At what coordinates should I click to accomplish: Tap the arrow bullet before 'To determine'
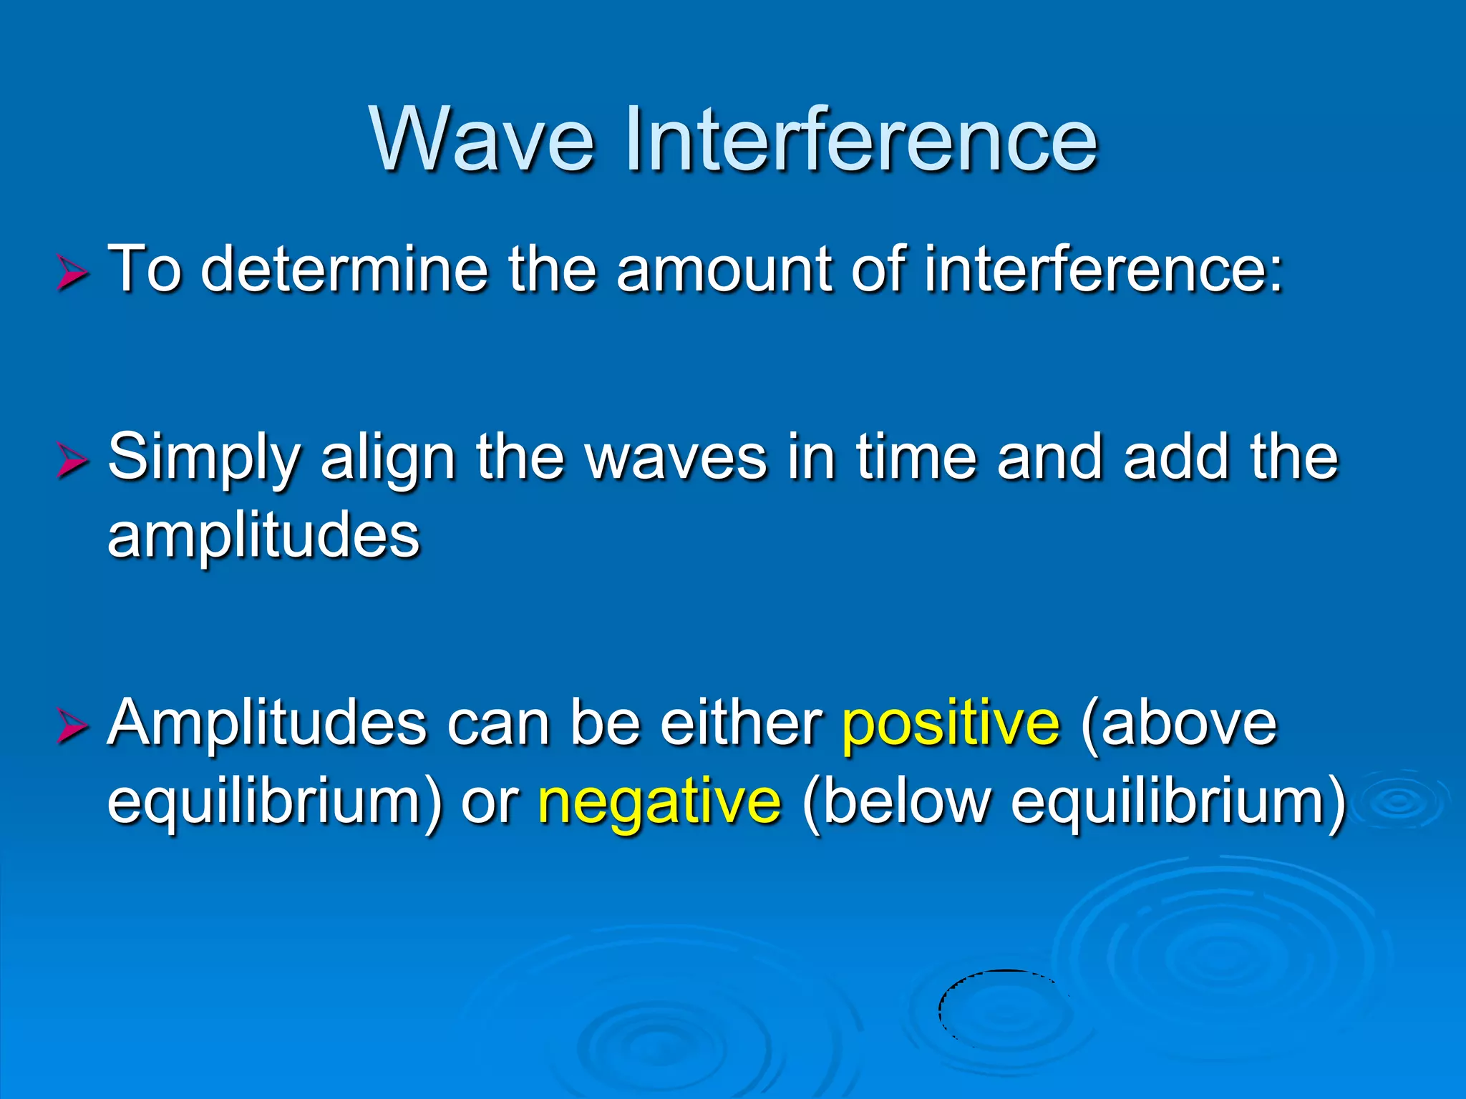(x=72, y=274)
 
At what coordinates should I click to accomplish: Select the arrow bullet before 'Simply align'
(x=72, y=461)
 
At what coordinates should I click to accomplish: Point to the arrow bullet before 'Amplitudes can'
(x=72, y=727)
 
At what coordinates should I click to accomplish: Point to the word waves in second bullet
(x=676, y=458)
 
